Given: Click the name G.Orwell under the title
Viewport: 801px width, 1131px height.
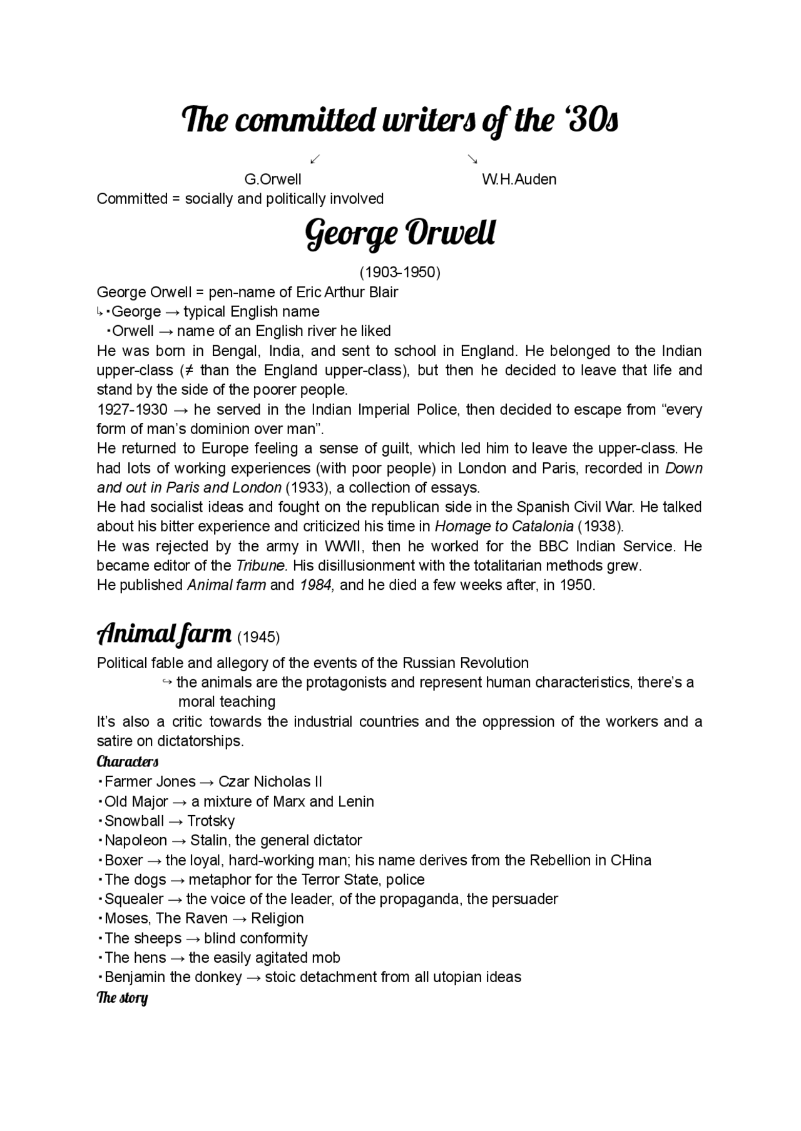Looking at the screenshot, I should [x=272, y=180].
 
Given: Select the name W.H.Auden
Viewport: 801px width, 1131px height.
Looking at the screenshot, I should [x=519, y=180].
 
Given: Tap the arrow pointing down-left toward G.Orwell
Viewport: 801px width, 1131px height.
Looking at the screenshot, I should [x=315, y=159].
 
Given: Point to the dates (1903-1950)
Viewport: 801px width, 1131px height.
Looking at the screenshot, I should [x=399, y=272].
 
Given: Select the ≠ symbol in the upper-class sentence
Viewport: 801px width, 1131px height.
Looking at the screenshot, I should [x=186, y=370].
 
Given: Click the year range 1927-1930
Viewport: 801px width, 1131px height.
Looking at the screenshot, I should [x=132, y=410].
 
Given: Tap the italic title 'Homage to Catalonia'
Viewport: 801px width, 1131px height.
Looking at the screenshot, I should [x=504, y=526].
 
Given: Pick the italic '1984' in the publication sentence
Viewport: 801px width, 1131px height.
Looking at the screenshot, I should [x=316, y=585].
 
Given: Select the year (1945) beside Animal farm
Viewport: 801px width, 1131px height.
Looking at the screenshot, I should [x=258, y=637].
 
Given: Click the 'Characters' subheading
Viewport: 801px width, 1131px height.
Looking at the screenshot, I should [x=128, y=761].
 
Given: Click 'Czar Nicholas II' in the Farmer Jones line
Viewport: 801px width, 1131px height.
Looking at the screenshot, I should [x=270, y=781].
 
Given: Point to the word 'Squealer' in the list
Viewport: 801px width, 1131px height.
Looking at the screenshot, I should [x=134, y=899].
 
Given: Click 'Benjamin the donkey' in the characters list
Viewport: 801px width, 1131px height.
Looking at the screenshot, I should [x=173, y=977].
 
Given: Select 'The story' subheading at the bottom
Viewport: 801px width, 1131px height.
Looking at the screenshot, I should [x=122, y=997].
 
